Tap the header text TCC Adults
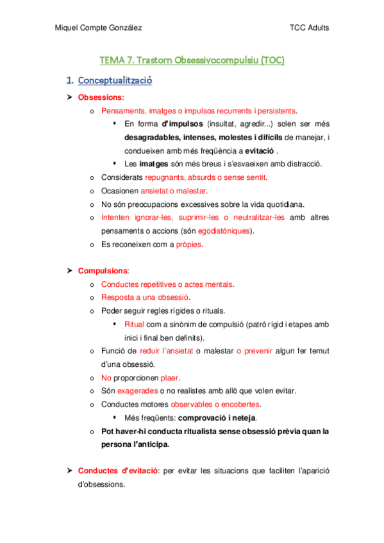(310, 28)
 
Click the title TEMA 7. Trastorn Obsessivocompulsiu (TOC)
(192, 61)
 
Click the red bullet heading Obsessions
(100, 97)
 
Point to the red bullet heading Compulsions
(103, 271)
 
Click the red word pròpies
(188, 245)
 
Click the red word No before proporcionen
(106, 378)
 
